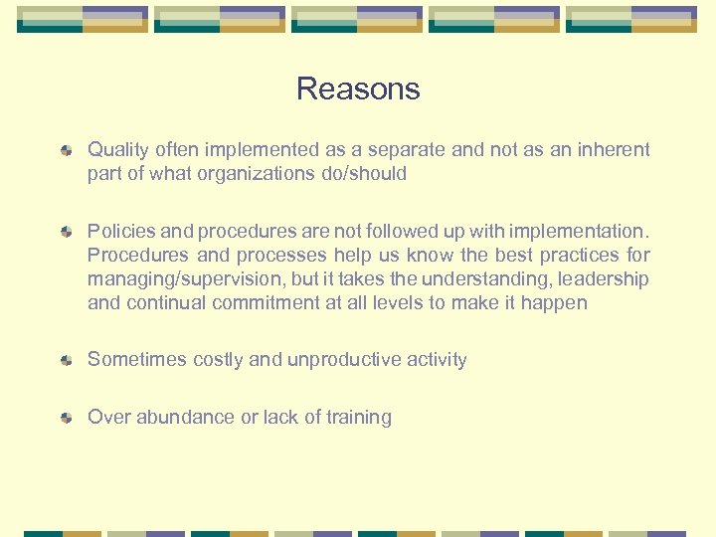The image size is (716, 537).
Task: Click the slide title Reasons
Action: click(358, 89)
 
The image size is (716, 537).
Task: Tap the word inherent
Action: click(612, 150)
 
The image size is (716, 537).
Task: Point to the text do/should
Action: click(369, 173)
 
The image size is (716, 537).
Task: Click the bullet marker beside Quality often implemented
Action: click(66, 151)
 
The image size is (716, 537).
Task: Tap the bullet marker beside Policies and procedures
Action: click(66, 233)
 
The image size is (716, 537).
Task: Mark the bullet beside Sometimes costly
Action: click(66, 361)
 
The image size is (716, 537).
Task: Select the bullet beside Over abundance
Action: click(66, 419)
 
